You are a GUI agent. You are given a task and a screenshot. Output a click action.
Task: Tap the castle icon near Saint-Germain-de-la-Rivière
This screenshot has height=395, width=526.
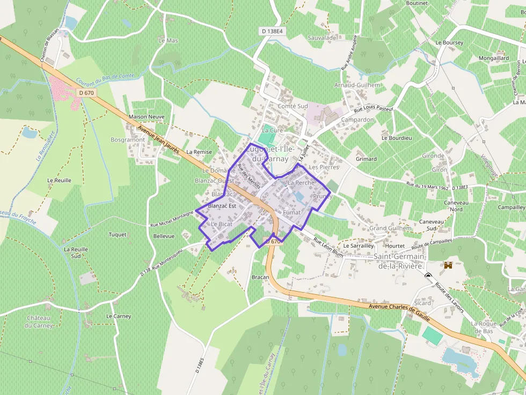tap(448, 265)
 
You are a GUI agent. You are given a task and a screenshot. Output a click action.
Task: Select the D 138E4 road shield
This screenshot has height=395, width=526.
tap(272, 32)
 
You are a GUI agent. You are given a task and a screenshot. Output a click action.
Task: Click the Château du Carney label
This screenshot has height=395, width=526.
tap(40, 322)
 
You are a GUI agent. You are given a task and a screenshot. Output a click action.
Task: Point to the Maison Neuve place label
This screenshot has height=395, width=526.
tap(147, 117)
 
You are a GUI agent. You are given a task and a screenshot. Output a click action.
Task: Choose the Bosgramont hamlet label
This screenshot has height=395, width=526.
tap(127, 140)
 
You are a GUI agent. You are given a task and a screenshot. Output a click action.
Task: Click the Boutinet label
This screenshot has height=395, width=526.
tap(417, 3)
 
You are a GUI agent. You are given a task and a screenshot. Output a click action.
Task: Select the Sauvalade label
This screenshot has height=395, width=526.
tap(323, 39)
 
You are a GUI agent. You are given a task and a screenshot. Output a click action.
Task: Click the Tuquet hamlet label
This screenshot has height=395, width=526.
tap(118, 235)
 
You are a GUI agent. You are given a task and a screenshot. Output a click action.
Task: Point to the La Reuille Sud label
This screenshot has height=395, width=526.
tap(76, 252)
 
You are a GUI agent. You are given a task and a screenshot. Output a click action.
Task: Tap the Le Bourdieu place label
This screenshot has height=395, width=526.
tap(397, 138)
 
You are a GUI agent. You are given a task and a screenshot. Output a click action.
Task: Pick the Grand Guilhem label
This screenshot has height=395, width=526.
tap(390, 228)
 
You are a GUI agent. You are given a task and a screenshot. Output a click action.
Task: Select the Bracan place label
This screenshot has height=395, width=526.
tap(260, 277)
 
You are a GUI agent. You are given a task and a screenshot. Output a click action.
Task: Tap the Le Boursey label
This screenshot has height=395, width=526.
tap(449, 42)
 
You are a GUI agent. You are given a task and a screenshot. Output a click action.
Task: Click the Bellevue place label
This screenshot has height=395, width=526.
tap(164, 236)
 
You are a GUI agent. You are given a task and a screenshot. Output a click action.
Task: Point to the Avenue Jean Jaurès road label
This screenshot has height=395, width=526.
tap(158, 140)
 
